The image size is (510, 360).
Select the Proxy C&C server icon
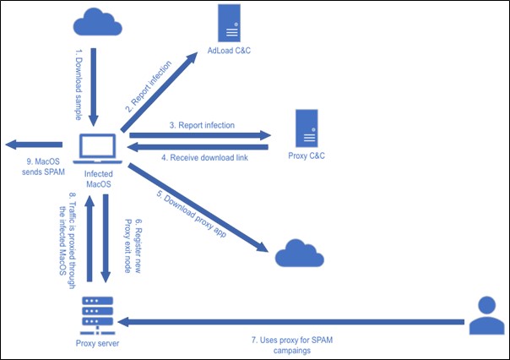pos(307,129)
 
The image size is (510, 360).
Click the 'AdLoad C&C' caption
pos(227,50)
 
